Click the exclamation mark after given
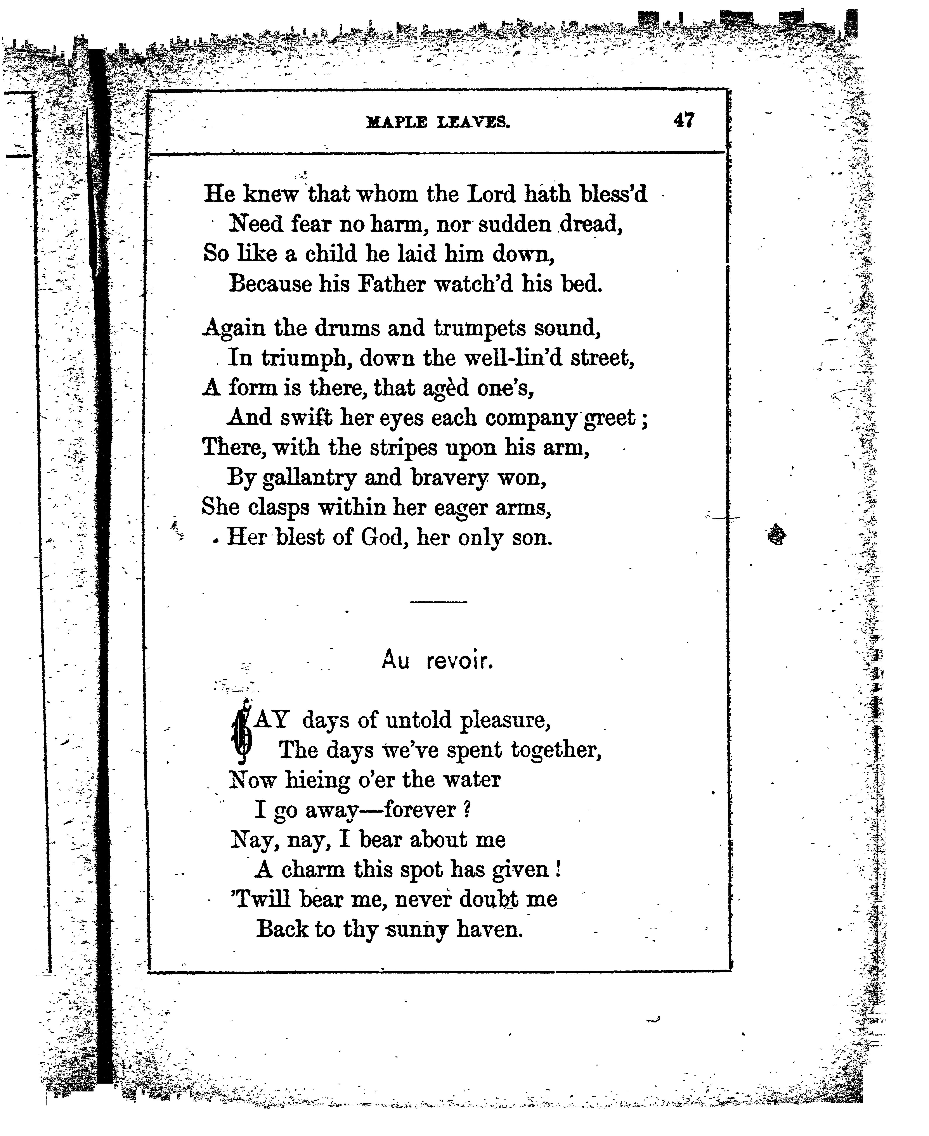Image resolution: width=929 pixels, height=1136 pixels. point(558,870)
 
